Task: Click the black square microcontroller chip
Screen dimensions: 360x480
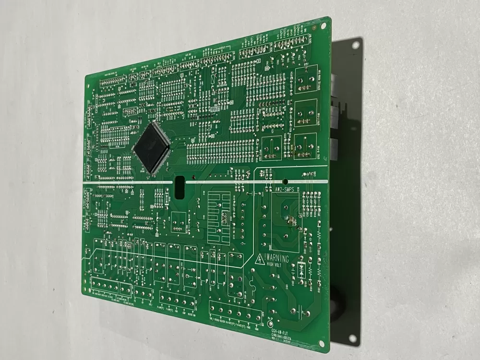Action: tap(152, 146)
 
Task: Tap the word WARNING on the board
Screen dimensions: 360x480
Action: tap(277, 259)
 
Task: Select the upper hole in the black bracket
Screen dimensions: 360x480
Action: tap(355, 46)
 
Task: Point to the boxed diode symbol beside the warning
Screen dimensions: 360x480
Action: tap(302, 267)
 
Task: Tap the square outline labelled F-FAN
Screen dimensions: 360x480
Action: tap(305, 113)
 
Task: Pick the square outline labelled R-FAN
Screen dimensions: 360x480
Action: tap(305, 145)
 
